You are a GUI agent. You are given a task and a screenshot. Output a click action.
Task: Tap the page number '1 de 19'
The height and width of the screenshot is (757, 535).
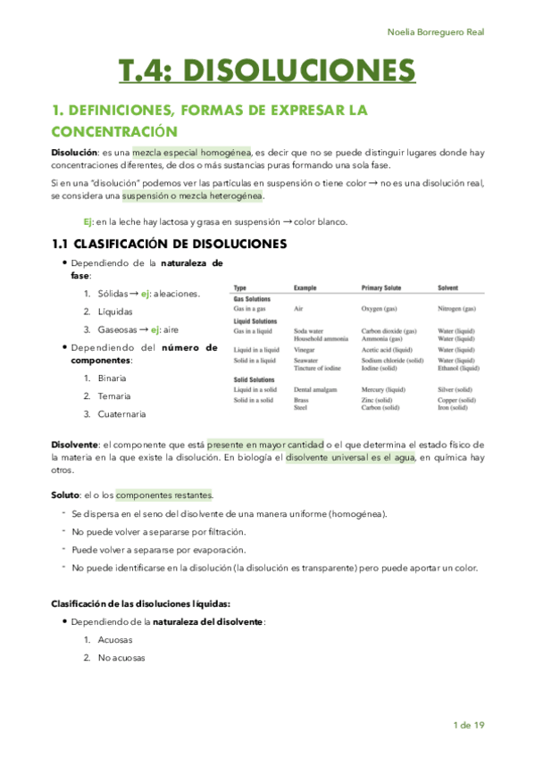point(468,725)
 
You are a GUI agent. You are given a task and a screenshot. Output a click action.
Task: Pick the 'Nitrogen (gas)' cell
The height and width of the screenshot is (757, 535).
point(456,308)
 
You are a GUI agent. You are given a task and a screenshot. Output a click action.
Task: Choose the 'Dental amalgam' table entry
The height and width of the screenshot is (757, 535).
point(315,390)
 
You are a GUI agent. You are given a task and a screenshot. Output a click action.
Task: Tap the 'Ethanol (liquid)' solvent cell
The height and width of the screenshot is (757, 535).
point(459,367)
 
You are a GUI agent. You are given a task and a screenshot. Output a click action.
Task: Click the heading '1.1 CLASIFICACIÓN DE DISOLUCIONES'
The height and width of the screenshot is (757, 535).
point(169,244)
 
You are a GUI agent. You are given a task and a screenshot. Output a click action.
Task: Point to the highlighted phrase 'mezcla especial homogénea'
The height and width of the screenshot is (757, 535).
point(192,152)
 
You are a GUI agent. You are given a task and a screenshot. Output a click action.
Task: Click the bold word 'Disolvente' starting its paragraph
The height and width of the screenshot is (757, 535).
point(75,445)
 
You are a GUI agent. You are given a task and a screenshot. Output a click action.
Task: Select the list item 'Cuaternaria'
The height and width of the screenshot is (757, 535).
point(124,414)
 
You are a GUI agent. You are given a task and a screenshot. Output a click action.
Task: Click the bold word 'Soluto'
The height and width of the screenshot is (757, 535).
point(64,495)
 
